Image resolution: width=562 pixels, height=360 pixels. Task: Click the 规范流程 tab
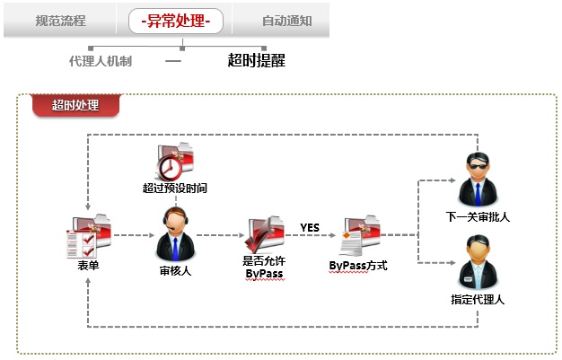point(61,20)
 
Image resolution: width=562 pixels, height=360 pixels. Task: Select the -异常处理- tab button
point(175,20)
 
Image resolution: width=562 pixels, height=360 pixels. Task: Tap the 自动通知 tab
point(286,20)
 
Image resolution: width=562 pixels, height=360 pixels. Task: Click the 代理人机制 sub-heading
point(100,61)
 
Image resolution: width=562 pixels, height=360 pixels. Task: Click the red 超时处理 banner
point(75,105)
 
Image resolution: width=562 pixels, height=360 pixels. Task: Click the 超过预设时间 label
point(175,189)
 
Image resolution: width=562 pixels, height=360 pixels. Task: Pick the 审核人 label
point(175,269)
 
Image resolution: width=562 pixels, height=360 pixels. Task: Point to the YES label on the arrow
point(310,227)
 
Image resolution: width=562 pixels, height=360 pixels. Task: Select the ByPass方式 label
point(357,267)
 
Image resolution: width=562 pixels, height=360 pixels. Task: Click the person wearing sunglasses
point(477,180)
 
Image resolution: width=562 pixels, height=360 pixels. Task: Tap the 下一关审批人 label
point(477,217)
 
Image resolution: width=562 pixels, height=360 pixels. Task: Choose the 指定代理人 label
point(477,300)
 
